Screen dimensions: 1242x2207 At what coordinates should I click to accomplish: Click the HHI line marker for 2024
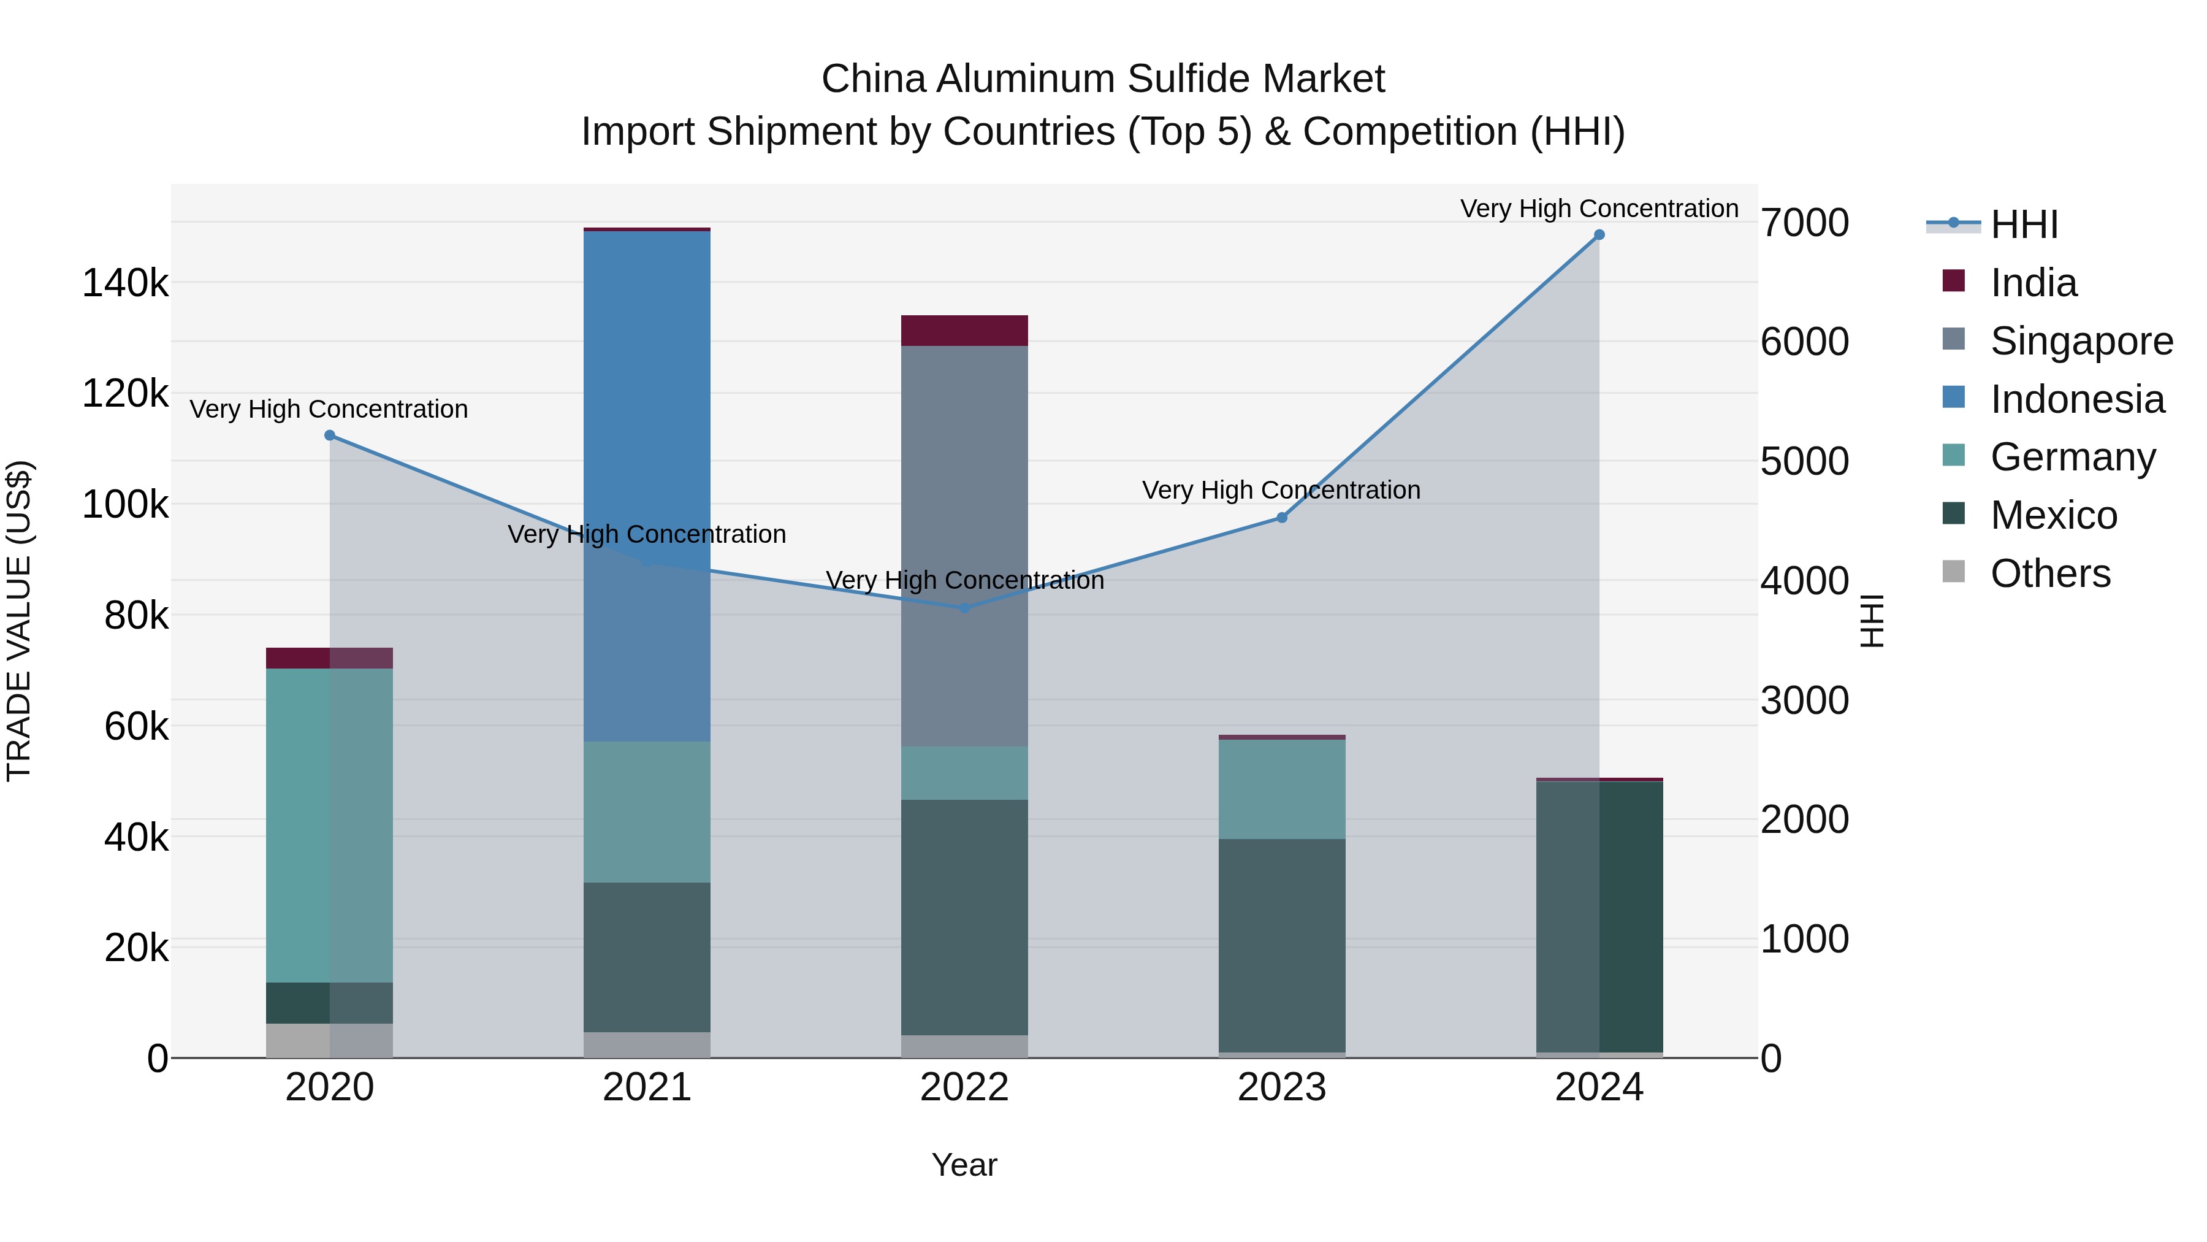[x=1599, y=235]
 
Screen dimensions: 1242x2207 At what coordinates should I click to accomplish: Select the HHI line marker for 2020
[x=330, y=435]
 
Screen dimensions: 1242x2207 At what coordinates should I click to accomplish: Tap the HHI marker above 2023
[x=1282, y=518]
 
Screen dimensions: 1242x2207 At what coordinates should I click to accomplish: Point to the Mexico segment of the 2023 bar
[x=1282, y=943]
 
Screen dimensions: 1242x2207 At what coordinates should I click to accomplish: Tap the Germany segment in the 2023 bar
[x=1282, y=789]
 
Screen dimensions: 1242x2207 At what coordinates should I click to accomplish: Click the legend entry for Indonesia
[x=2077, y=399]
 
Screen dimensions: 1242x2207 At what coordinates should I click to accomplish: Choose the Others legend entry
[x=2049, y=573]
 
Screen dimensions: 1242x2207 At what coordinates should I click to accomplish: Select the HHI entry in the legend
[x=2024, y=224]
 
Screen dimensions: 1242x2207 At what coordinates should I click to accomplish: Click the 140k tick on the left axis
[x=125, y=283]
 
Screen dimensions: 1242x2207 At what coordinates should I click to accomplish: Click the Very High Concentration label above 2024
[x=1599, y=209]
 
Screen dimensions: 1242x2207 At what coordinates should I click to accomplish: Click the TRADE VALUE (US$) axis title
[x=19, y=621]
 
